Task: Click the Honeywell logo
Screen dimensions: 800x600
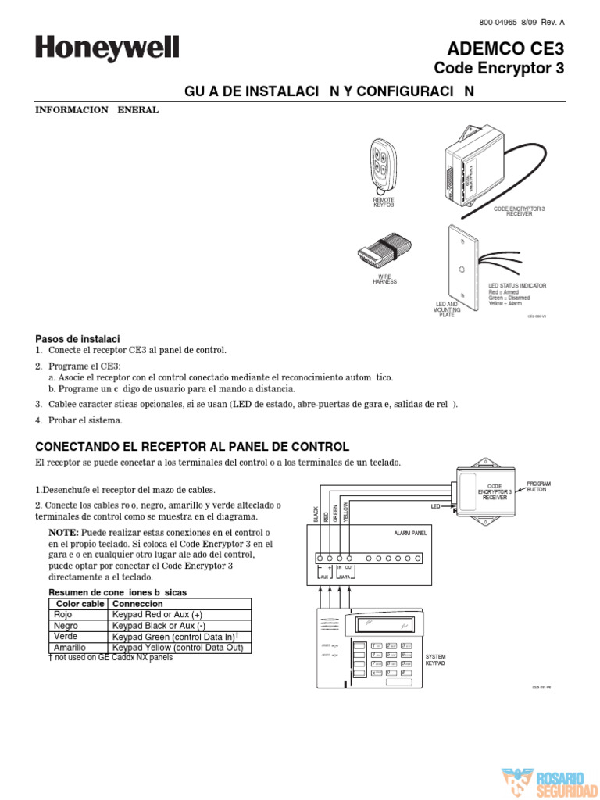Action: click(107, 50)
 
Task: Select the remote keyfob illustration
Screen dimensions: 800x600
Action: click(383, 166)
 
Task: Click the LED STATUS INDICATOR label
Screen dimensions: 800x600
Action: click(517, 286)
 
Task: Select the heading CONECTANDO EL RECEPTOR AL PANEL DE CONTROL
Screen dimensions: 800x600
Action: click(192, 447)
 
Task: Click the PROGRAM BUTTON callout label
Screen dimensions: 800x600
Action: click(539, 486)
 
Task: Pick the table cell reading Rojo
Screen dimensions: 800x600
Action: click(63, 615)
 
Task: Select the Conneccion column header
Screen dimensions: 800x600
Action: click(138, 604)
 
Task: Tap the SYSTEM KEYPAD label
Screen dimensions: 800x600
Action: click(435, 659)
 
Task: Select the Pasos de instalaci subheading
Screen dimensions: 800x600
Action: click(77, 339)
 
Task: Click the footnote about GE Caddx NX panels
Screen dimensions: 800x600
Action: click(110, 658)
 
